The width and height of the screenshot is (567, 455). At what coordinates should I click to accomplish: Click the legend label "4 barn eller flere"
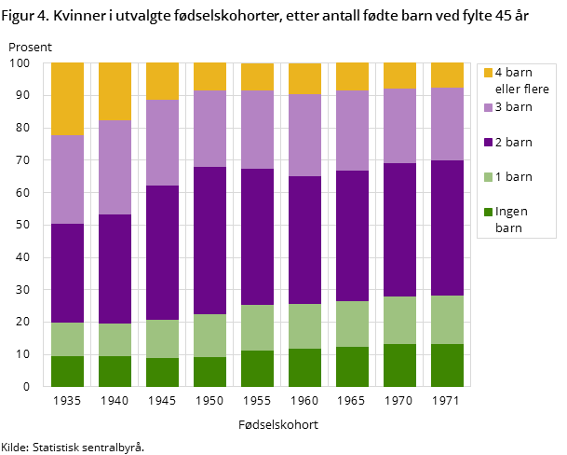click(521, 80)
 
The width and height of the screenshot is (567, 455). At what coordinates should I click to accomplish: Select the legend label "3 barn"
click(513, 106)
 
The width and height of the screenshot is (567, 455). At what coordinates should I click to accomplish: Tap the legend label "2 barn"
click(513, 142)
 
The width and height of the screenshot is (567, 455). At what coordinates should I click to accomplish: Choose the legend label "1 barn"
click(513, 176)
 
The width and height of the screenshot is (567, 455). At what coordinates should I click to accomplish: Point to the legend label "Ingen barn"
click(511, 219)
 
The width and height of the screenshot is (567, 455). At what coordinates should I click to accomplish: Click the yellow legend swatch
click(488, 73)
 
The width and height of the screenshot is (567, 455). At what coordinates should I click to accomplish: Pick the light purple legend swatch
click(488, 107)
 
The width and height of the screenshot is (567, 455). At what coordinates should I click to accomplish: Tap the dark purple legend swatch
click(488, 142)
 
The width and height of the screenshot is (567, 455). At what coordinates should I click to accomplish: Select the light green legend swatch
click(488, 176)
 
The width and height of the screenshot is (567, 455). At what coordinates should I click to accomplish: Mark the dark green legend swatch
click(488, 212)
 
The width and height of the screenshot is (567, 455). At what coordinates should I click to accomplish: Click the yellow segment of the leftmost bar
click(67, 99)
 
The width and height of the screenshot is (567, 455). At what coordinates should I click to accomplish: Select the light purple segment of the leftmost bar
click(67, 179)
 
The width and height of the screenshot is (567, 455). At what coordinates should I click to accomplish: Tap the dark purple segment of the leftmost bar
click(67, 273)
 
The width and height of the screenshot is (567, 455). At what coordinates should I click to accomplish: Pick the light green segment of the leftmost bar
click(67, 339)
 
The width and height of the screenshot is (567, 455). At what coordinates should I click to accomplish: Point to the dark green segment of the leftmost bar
click(67, 371)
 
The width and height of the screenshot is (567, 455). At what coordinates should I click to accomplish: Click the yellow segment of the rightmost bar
click(447, 75)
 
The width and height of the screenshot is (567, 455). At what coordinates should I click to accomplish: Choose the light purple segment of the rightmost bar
click(447, 124)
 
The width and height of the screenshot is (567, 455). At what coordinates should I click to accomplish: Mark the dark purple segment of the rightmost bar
click(447, 227)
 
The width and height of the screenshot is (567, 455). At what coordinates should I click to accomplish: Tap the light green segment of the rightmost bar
click(447, 320)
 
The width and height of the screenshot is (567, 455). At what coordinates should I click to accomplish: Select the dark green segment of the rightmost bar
click(447, 365)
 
